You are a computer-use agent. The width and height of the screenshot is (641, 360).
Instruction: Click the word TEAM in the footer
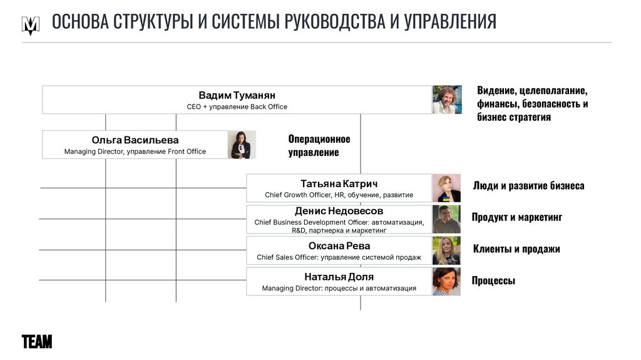[37, 342]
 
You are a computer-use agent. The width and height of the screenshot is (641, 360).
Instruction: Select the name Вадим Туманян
[237, 95]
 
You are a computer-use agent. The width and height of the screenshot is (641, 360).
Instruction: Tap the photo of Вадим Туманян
[447, 100]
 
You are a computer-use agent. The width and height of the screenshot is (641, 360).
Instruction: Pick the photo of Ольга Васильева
[238, 145]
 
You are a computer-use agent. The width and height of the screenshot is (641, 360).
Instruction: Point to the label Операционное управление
[319, 145]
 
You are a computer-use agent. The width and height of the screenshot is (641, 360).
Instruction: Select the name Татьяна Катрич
[339, 183]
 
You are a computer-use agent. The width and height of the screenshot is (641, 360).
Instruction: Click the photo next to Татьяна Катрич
[446, 188]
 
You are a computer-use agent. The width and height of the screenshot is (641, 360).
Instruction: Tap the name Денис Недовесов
[339, 211]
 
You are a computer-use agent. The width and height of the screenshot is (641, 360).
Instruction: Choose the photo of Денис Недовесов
[446, 219]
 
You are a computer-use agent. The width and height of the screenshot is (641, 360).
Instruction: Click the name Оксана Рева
[339, 245]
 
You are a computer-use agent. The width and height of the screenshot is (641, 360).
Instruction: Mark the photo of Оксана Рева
[446, 250]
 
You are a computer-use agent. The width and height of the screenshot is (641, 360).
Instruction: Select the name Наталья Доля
[339, 277]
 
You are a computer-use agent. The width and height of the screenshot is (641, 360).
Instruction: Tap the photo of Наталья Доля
[446, 281]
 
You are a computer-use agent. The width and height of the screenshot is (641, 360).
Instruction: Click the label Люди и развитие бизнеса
[528, 185]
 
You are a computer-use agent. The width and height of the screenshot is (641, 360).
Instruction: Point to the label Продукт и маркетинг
[516, 217]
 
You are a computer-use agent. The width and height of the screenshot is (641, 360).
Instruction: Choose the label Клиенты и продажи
[516, 249]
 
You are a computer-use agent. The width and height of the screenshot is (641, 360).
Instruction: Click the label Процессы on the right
[493, 280]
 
